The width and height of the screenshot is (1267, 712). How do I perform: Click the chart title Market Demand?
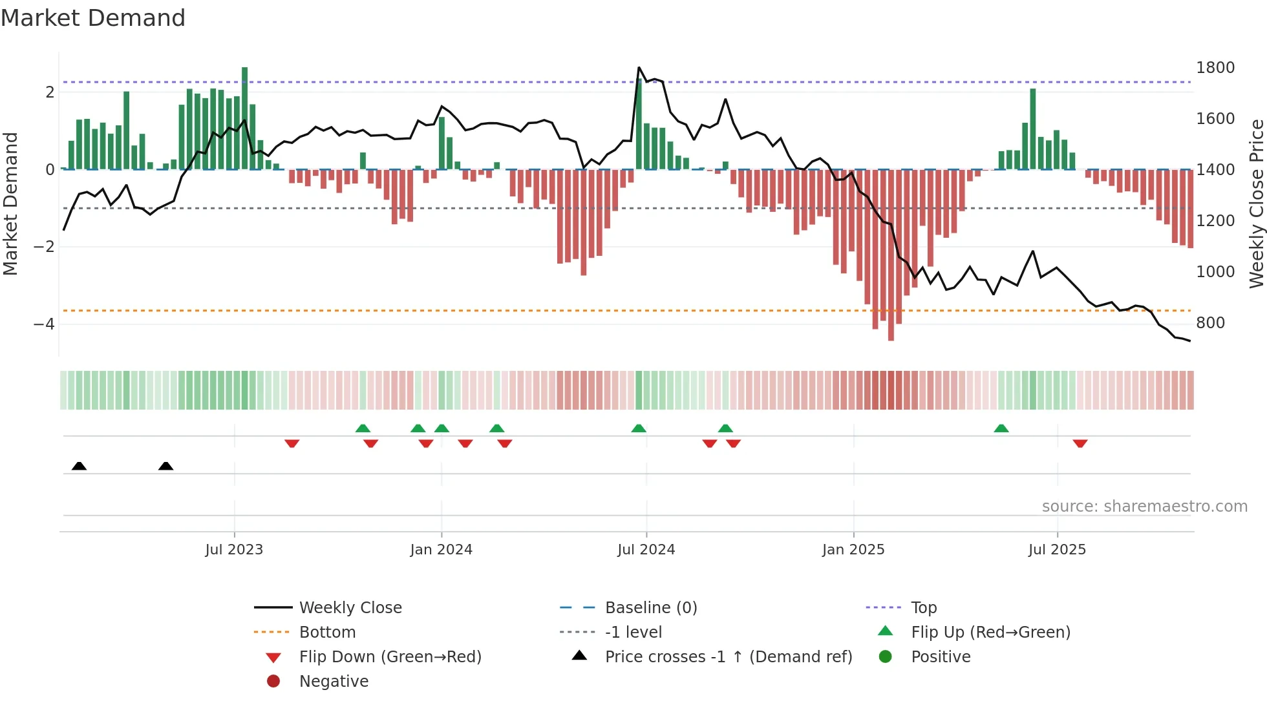click(x=93, y=18)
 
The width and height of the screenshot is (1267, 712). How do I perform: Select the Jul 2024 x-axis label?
click(x=646, y=550)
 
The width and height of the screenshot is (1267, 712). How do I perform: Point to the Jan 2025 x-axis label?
click(x=853, y=550)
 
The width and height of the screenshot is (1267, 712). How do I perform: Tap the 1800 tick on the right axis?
click(x=1215, y=68)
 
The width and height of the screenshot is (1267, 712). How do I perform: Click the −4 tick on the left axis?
click(x=44, y=324)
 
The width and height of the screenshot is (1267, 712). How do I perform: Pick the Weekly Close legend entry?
click(x=350, y=608)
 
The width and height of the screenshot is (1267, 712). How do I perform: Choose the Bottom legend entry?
click(x=327, y=633)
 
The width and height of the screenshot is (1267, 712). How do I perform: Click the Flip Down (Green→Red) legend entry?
click(x=390, y=657)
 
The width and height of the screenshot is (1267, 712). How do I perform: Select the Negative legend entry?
click(x=334, y=682)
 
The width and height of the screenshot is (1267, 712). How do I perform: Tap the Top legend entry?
click(x=923, y=608)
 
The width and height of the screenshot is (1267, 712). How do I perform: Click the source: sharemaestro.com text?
click(x=1144, y=507)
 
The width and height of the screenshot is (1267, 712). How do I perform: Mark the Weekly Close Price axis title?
click(x=1256, y=204)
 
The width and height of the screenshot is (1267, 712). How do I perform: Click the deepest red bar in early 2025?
click(x=891, y=255)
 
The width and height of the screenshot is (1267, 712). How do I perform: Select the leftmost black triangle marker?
click(x=79, y=466)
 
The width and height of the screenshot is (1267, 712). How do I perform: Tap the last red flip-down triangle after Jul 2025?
click(x=1080, y=443)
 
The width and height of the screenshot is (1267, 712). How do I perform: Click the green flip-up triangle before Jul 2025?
click(x=1001, y=428)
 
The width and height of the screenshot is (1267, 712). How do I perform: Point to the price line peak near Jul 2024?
click(x=639, y=68)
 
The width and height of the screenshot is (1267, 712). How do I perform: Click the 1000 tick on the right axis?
click(x=1215, y=272)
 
